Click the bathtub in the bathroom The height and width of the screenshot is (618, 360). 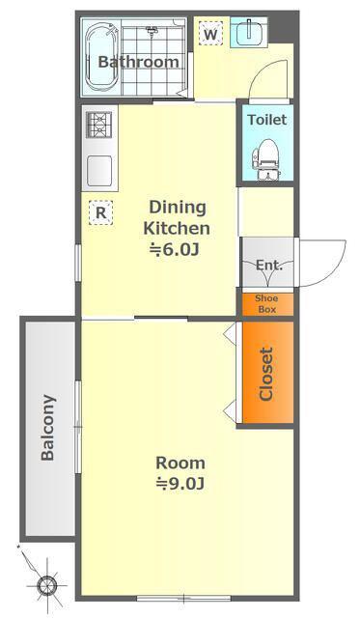(102, 56)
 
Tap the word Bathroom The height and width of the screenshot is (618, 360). (138, 62)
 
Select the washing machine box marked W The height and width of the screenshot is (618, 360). (210, 34)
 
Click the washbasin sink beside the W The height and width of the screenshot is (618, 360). (249, 33)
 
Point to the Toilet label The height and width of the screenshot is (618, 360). (267, 120)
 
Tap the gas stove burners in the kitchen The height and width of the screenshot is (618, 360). (98, 125)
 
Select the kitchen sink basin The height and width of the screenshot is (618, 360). (99, 171)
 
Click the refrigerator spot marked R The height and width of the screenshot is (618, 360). (100, 212)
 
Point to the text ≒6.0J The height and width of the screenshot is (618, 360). (174, 250)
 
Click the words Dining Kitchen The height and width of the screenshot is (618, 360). (177, 218)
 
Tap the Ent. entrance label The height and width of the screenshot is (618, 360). (269, 266)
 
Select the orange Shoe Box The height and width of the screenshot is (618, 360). (267, 304)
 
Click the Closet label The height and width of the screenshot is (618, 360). (266, 374)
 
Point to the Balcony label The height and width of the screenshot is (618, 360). (48, 428)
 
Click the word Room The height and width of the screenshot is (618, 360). (180, 463)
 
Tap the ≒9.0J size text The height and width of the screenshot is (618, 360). (180, 484)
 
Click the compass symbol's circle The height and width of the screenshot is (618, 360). (47, 584)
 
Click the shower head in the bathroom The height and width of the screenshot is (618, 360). (152, 30)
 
